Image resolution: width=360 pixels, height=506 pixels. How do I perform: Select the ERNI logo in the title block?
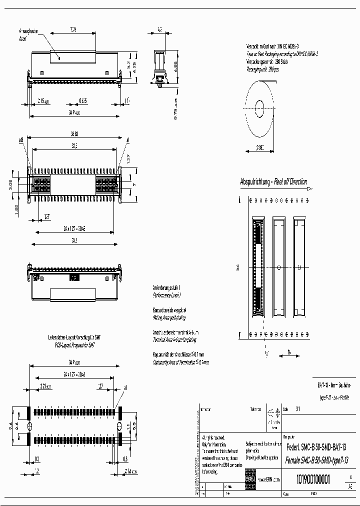pos(250,479)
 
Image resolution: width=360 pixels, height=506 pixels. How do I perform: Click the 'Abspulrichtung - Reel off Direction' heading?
pos(273,182)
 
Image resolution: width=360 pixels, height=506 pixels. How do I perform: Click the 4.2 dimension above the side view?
pos(159,30)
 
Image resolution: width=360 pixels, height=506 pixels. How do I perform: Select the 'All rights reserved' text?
pos(215,437)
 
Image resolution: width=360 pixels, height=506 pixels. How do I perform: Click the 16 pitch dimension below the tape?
pos(289,352)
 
